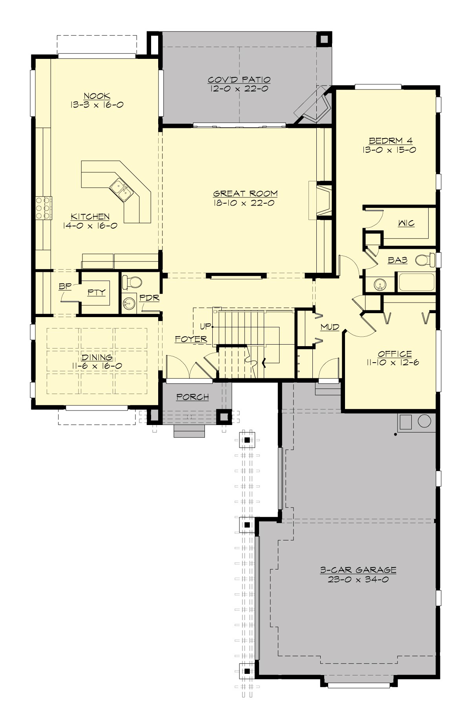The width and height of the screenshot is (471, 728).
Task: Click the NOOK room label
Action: coord(91,96)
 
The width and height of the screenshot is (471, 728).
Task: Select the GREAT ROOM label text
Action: coord(245,193)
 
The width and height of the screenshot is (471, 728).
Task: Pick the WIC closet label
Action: coord(406,224)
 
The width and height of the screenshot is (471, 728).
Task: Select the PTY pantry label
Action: coord(96,292)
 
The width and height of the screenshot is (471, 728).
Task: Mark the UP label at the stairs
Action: coord(205,326)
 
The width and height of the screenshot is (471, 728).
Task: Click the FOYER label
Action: coord(191,339)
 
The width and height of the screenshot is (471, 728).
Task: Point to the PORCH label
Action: coord(192,397)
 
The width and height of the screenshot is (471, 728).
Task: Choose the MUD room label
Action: coord(330,327)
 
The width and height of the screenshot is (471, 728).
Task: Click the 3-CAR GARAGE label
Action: coord(358,570)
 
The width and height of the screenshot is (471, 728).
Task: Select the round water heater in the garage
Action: coord(425,421)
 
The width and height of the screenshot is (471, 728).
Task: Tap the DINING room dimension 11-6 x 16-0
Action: coord(97,366)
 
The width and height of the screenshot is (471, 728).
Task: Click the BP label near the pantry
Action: coord(64,287)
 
